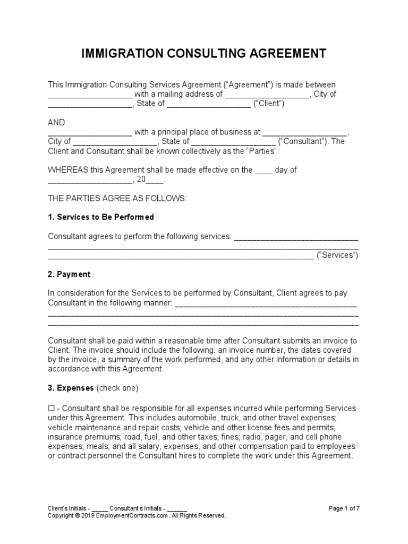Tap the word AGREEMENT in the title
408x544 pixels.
click(286, 54)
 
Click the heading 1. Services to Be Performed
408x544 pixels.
click(101, 217)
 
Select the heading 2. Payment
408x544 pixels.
click(69, 274)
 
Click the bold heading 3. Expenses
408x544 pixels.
click(71, 388)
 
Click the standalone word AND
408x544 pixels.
click(56, 122)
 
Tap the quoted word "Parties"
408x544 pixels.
click(262, 151)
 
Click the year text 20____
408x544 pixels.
click(151, 180)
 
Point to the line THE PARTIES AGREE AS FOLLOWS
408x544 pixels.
click(117, 198)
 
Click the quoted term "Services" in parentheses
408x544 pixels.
click(337, 255)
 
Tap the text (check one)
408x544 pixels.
click(117, 388)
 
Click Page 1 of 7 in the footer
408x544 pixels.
click(344, 508)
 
